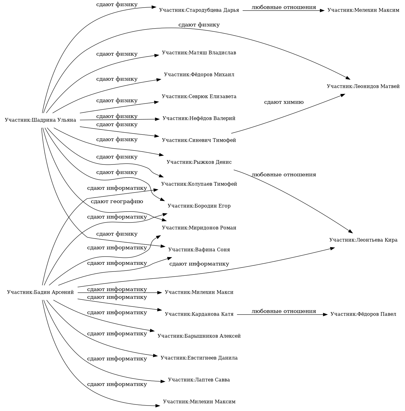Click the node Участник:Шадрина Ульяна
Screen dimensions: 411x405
(x=40, y=120)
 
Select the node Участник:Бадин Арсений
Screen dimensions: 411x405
(x=40, y=292)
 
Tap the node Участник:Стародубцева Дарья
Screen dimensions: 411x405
(x=199, y=10)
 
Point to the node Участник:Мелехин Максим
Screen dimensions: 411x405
(x=363, y=10)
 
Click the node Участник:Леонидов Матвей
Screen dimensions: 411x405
(x=363, y=86)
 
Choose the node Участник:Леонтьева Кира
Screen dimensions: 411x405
(x=363, y=240)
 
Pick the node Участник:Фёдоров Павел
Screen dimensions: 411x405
(x=363, y=314)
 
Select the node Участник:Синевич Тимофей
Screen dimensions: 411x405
(x=199, y=140)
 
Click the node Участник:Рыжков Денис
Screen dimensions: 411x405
(x=199, y=162)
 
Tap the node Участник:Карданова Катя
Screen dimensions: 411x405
(x=199, y=314)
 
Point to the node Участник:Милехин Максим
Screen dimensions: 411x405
(x=199, y=402)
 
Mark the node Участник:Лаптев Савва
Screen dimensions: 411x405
(x=199, y=380)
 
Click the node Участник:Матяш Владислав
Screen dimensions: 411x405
(x=199, y=53)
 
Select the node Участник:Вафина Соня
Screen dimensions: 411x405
(x=199, y=250)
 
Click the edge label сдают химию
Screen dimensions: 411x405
(x=284, y=102)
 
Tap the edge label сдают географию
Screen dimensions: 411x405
(x=117, y=202)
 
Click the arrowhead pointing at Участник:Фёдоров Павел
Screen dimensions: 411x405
(x=325, y=314)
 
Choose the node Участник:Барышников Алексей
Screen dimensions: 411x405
(x=199, y=336)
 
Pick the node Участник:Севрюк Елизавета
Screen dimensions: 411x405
(x=199, y=97)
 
